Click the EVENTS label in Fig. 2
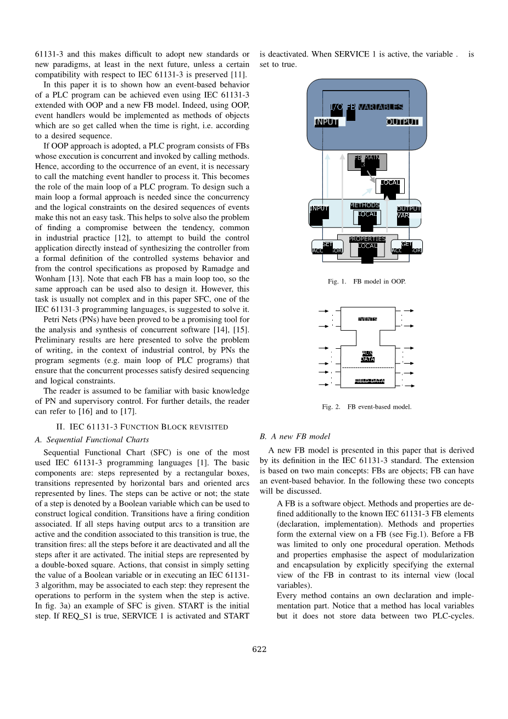367,319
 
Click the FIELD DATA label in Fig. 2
369,381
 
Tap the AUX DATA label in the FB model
367,356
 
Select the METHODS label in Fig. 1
365,205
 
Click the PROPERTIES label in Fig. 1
367,239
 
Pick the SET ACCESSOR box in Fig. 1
327,248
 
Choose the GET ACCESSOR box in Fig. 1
406,248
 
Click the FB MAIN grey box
367,161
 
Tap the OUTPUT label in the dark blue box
404,122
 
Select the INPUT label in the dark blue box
327,122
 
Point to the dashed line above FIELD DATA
367,367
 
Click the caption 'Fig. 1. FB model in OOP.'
366,281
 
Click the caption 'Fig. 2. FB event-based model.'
366,407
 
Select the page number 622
259,649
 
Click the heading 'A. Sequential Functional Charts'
92,439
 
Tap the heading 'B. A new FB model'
295,437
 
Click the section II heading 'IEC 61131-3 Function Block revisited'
142,427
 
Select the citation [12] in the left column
121,238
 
